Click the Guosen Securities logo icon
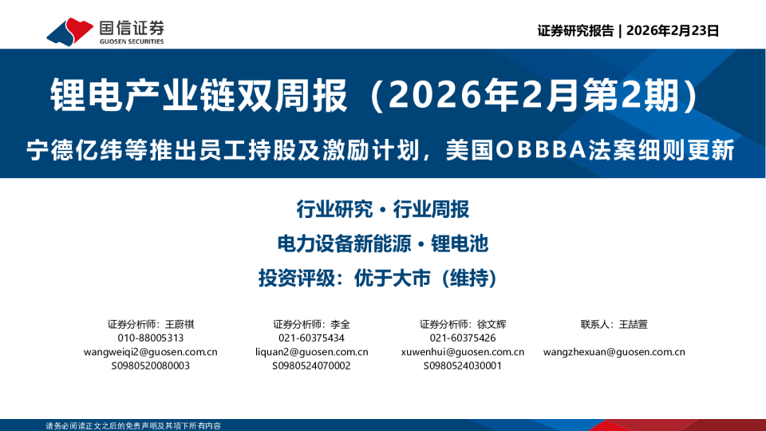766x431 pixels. tap(70, 31)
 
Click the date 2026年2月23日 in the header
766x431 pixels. tap(673, 31)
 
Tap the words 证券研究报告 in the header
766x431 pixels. tap(574, 31)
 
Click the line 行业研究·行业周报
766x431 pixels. tap(382, 210)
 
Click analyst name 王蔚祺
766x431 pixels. tap(180, 324)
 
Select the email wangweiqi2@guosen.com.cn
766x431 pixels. tap(151, 351)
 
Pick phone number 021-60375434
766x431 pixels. tap(311, 338)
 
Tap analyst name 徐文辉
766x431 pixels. tap(492, 324)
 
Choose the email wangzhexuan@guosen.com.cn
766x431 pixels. tap(614, 351)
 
